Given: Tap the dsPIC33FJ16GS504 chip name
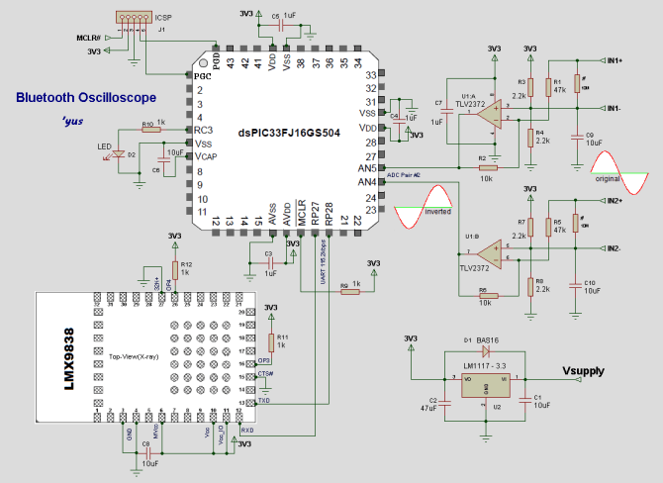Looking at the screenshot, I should tap(290, 133).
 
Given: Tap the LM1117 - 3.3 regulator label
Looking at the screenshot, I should tap(485, 366).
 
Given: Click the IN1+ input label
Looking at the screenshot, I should tap(615, 61).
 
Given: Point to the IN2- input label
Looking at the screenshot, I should tap(615, 247).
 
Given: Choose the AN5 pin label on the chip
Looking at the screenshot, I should tap(367, 168).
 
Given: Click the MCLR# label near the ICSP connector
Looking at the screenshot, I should tap(88, 38).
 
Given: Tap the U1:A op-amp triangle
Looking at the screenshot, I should tap(488, 115).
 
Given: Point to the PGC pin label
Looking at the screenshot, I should tap(203, 76).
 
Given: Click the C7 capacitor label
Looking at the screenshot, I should tap(437, 102).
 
